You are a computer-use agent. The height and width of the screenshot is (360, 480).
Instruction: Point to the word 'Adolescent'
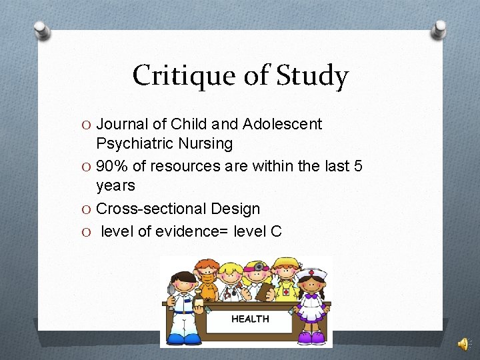[283, 124]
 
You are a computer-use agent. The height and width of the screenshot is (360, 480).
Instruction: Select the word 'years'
[115, 185]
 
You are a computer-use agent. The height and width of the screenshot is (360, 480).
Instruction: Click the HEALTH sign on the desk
[250, 319]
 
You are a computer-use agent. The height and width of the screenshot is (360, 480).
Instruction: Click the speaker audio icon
[463, 343]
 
